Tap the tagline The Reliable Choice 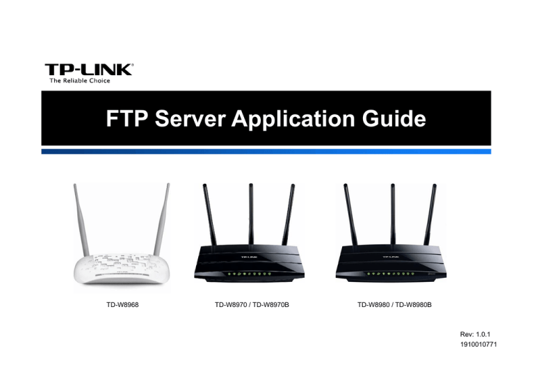80,81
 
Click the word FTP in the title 127,118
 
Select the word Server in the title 190,118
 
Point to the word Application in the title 293,119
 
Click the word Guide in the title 394,118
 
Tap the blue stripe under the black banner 266,151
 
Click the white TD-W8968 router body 122,269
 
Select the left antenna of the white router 82,220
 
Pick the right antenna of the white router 161,219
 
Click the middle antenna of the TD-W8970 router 251,214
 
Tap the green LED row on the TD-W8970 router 249,274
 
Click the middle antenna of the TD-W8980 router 393,214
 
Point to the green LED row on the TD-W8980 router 391,274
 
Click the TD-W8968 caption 122,305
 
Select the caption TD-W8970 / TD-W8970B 252,305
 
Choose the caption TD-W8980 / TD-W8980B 394,305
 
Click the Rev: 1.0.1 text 475,334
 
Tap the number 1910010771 478,345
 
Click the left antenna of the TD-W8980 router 350,214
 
